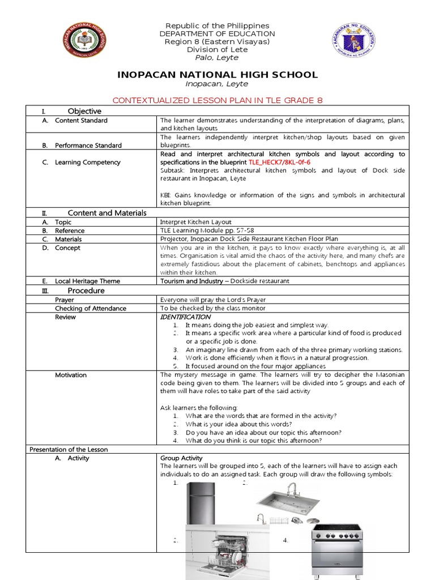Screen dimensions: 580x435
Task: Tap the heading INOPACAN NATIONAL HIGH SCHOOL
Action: point(217,75)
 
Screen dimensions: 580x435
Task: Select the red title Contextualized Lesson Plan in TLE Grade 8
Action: point(217,100)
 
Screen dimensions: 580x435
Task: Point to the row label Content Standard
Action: point(81,120)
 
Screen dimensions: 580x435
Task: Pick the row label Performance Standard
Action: point(88,145)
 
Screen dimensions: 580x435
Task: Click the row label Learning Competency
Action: point(87,162)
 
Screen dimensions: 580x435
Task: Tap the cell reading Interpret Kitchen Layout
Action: point(195,222)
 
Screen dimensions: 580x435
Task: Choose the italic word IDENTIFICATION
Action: point(185,317)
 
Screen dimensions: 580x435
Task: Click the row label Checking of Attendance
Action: point(90,308)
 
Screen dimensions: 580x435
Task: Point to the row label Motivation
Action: point(71,375)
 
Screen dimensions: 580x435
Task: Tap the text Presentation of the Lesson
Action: point(68,449)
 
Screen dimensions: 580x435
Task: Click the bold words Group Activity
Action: point(181,458)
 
